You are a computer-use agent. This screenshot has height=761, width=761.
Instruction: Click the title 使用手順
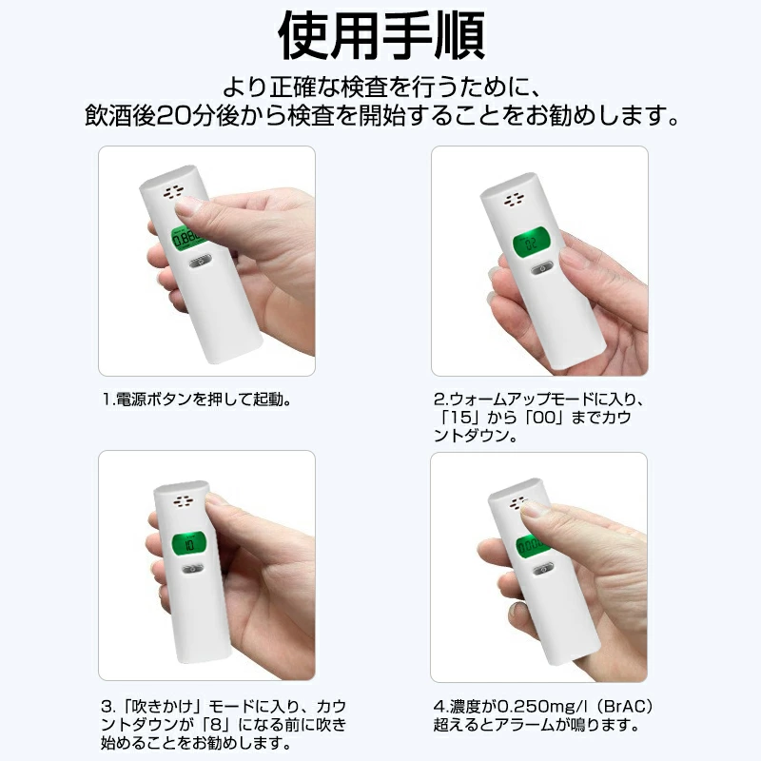pos(381,35)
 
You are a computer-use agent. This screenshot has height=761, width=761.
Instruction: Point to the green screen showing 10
pos(188,544)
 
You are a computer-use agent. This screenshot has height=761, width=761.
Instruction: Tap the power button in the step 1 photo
pos(199,263)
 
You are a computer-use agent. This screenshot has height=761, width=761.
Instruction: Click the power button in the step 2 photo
pos(542,268)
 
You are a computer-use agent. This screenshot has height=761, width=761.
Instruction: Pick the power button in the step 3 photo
pos(192,569)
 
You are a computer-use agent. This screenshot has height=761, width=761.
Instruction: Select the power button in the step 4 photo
pos(543,569)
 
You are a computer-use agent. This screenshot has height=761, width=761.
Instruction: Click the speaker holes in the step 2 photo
pos(514,200)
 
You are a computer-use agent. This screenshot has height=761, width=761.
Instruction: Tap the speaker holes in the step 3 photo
pos(184,501)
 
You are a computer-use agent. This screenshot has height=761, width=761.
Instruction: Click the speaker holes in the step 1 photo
pos(173,193)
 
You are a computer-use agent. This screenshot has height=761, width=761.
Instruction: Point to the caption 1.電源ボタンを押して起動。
pos(197,400)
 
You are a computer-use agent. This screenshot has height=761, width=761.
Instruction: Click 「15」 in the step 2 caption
pos(460,418)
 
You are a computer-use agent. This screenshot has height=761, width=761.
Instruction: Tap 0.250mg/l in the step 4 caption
pos(536,707)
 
